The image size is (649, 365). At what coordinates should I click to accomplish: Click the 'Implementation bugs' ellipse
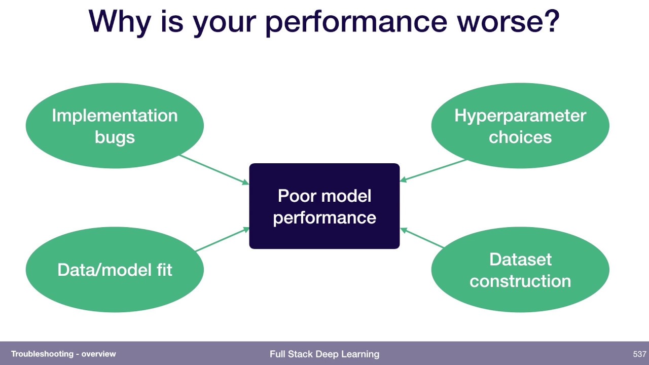pos(115,126)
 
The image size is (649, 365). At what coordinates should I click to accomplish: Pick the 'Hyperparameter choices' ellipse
pos(520,126)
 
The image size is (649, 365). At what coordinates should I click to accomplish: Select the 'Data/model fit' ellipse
pos(115,269)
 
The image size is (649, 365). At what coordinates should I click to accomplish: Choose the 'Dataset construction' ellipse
pos(520,269)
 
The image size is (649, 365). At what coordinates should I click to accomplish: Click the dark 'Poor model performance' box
pos(324,206)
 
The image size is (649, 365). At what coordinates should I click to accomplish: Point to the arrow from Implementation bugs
pos(214,169)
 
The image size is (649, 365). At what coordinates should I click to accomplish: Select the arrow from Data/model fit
pos(222,240)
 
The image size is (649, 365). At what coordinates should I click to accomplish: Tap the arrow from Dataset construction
pos(422,238)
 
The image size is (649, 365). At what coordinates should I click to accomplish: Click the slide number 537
pos(639,354)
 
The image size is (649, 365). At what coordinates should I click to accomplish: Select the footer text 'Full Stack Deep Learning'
pos(324,354)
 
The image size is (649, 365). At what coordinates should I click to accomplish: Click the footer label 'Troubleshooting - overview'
pos(63,354)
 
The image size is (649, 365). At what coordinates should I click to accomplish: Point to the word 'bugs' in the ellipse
pos(115,137)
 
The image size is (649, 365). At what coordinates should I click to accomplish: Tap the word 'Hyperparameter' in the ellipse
pos(520,116)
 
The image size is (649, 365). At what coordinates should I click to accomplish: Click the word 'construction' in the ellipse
pos(520,280)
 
